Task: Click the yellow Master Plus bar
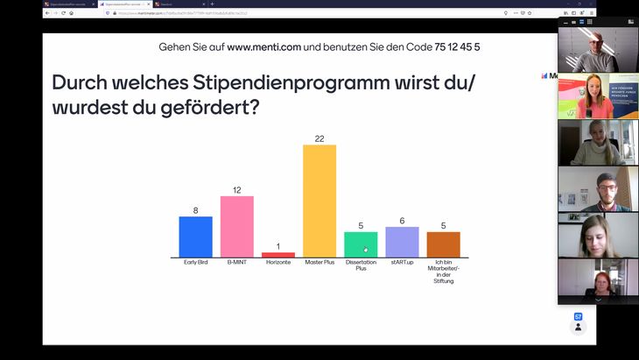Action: [x=319, y=201]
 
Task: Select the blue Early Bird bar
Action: [x=195, y=236]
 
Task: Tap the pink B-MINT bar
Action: [x=236, y=226]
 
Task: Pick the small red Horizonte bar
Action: [x=278, y=255]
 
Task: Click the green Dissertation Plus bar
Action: [x=361, y=244]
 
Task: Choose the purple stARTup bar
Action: [x=402, y=242]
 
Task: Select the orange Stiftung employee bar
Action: [x=443, y=244]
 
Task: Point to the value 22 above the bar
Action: [x=319, y=138]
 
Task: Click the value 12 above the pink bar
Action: [x=236, y=190]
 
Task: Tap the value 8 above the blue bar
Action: [x=195, y=210]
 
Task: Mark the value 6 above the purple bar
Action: [x=402, y=221]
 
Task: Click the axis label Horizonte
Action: [x=278, y=263]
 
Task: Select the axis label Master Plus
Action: [x=319, y=263]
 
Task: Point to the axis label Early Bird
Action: [x=195, y=263]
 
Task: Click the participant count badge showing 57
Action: [x=578, y=317]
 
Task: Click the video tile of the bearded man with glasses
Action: [x=598, y=188]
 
